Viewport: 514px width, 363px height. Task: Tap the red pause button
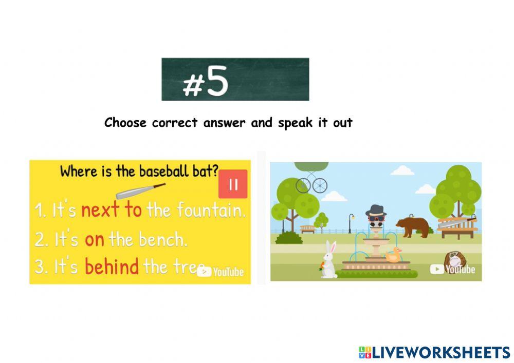click(x=233, y=184)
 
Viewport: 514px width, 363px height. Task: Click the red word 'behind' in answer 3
click(x=112, y=266)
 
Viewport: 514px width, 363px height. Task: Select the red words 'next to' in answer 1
click(x=112, y=210)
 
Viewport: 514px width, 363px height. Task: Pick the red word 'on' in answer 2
click(x=95, y=239)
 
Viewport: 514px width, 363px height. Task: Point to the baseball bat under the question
click(x=140, y=191)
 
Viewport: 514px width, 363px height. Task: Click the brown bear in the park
click(x=414, y=226)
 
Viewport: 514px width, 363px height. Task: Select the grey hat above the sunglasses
click(x=375, y=209)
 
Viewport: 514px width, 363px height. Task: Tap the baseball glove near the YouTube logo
click(x=452, y=257)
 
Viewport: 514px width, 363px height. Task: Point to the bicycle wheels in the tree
click(x=311, y=184)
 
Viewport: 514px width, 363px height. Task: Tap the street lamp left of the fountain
click(x=351, y=222)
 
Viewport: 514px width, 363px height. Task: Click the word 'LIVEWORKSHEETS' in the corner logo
click(x=440, y=352)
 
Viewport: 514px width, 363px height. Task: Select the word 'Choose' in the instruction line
click(x=126, y=123)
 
